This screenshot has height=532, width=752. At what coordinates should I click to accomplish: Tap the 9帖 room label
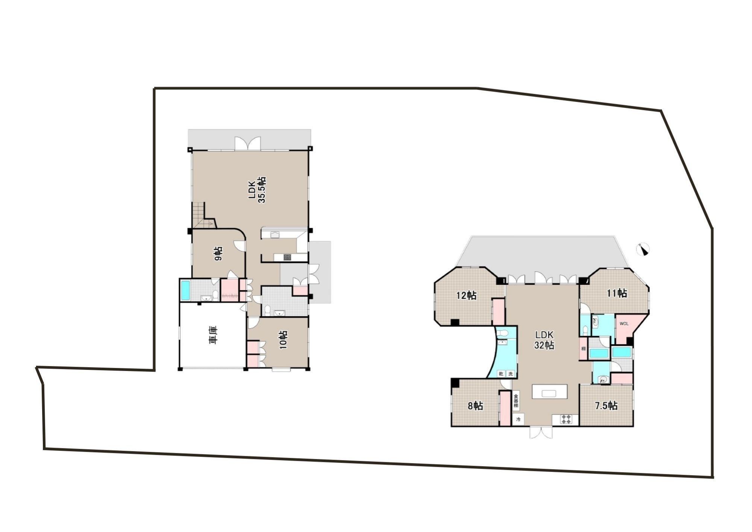pyautogui.click(x=218, y=253)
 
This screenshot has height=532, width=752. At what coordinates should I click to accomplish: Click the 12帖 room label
pyautogui.click(x=466, y=296)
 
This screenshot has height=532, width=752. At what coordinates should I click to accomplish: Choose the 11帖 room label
pyautogui.click(x=617, y=293)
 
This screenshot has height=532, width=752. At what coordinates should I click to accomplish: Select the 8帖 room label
pyautogui.click(x=475, y=406)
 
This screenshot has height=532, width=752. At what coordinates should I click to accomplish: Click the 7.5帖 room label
pyautogui.click(x=606, y=406)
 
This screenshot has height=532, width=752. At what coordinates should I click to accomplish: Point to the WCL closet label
pyautogui.click(x=624, y=323)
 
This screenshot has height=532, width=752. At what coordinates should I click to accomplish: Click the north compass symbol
pyautogui.click(x=643, y=249)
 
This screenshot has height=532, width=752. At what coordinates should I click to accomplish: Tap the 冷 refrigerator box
pyautogui.click(x=519, y=419)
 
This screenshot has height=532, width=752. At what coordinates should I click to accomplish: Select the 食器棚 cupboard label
pyautogui.click(x=516, y=401)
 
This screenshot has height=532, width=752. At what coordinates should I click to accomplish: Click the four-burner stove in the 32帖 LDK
pyautogui.click(x=566, y=419)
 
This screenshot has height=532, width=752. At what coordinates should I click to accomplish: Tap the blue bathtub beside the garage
pyautogui.click(x=185, y=290)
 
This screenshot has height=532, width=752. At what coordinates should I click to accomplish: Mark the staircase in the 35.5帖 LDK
pyautogui.click(x=201, y=215)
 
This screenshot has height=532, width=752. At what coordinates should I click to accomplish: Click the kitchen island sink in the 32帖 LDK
pyautogui.click(x=549, y=394)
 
